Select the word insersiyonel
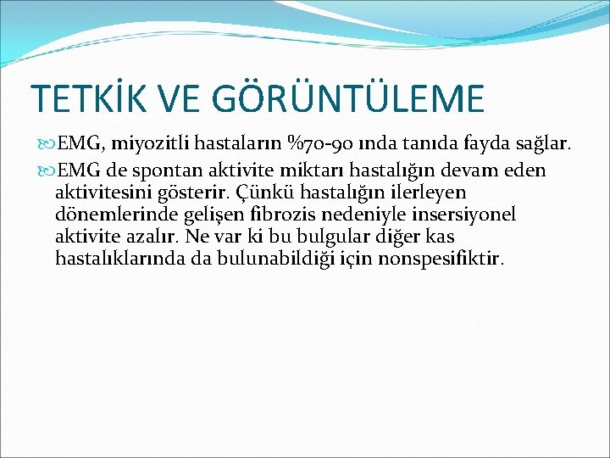491,215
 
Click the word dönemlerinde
106,215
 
